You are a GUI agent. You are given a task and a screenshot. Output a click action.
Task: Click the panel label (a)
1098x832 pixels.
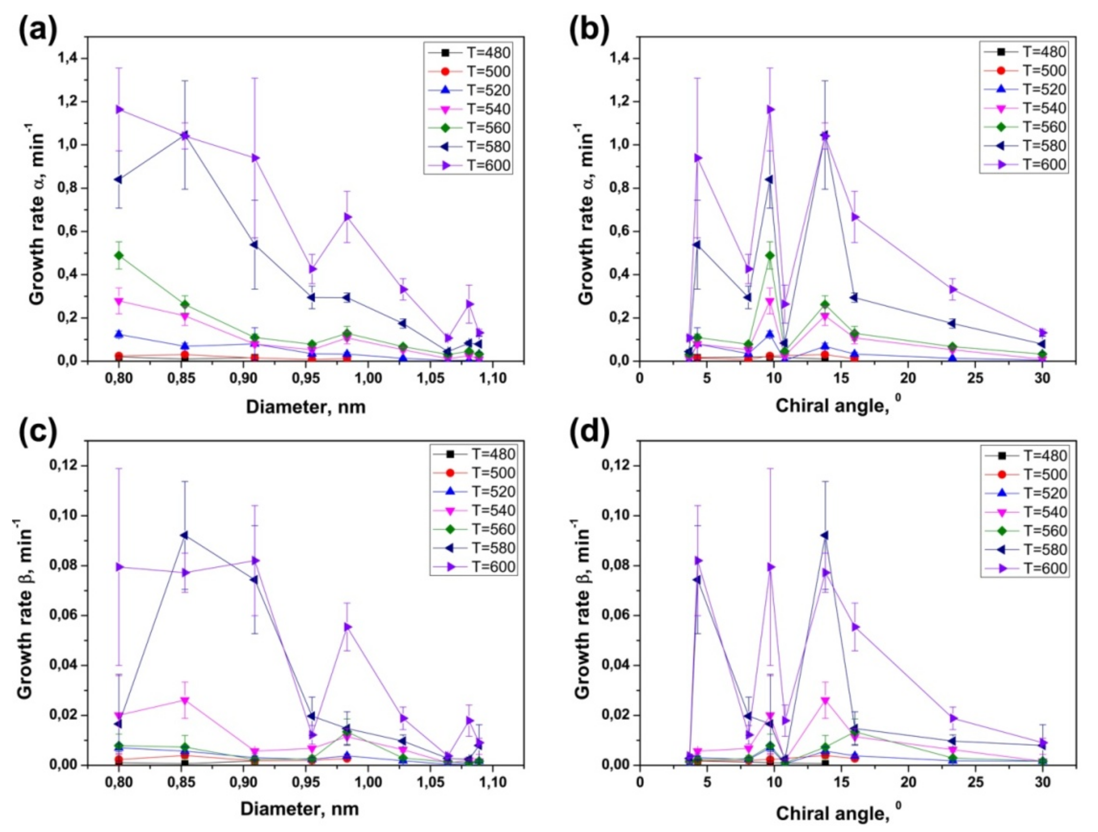click(x=38, y=30)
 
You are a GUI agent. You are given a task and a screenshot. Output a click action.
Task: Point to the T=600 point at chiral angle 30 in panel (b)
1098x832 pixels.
click(x=1042, y=333)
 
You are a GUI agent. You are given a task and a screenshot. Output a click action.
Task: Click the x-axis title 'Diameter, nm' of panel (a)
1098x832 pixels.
click(x=306, y=407)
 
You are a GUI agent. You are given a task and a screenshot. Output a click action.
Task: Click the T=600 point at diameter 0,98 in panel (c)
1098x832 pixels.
click(x=347, y=627)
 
